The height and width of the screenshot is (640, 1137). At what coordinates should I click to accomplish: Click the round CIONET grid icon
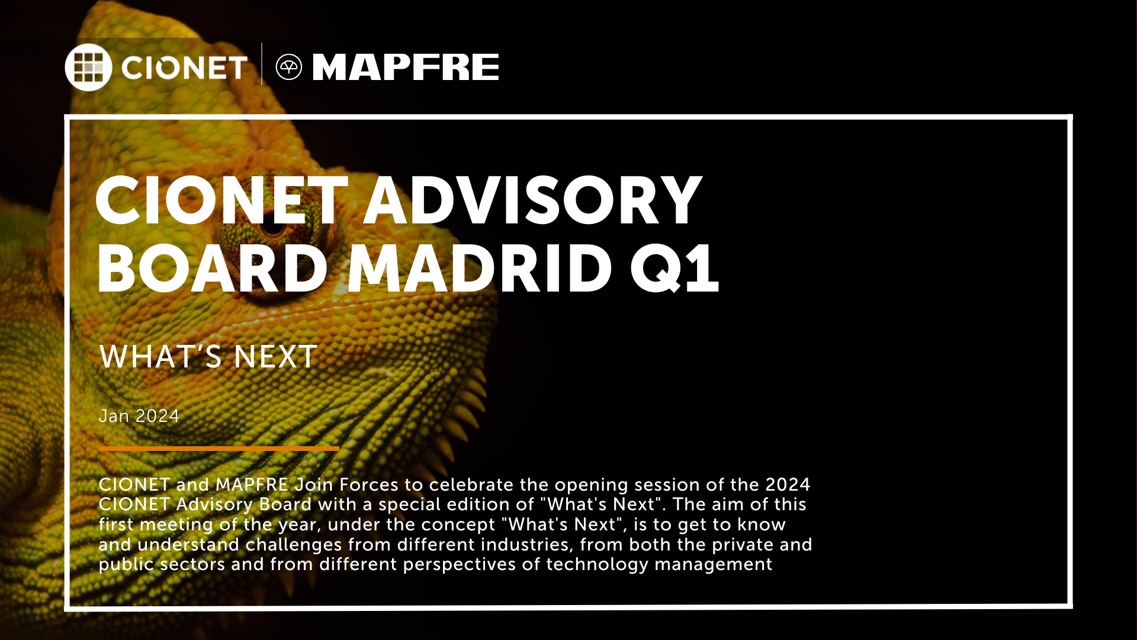[88, 67]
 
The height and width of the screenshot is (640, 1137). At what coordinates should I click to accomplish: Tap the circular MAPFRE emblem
[289, 67]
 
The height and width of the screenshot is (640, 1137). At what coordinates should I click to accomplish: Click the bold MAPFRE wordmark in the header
[406, 67]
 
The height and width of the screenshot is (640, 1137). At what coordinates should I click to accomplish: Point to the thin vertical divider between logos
[262, 64]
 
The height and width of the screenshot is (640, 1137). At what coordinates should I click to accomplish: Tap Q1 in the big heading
[675, 270]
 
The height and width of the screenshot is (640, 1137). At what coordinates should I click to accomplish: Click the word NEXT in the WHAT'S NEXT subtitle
[275, 357]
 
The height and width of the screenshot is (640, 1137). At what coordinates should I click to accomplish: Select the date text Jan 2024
[139, 416]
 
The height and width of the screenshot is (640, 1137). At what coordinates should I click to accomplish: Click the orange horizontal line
[219, 449]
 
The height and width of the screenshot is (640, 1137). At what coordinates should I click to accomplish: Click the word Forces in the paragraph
[369, 485]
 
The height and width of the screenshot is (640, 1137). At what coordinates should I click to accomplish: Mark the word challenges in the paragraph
[294, 545]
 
